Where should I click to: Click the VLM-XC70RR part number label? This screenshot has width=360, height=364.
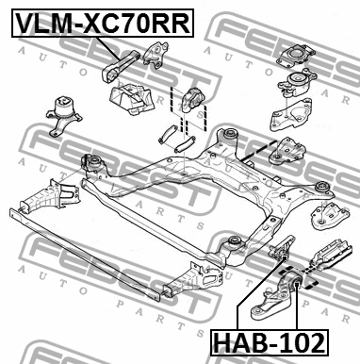click(x=103, y=24)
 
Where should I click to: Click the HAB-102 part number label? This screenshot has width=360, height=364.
click(x=270, y=342)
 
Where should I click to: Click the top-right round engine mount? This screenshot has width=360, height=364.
click(x=296, y=56)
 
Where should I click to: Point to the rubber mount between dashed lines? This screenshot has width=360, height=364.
click(x=191, y=99)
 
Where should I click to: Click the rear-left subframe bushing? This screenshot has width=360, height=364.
click(x=94, y=163)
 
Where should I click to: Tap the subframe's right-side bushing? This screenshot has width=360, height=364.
click(x=322, y=187)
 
